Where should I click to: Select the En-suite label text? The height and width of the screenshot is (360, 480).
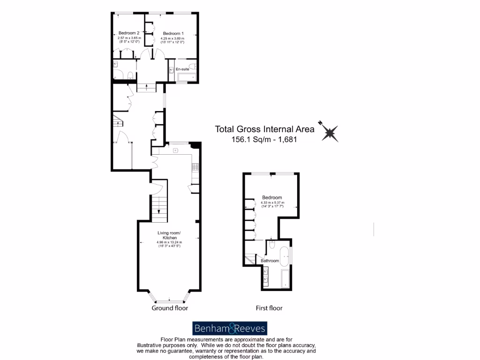coord(182,69)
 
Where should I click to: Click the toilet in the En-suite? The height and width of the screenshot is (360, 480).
coord(193,66)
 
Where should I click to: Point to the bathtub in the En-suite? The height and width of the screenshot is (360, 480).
coord(186,77)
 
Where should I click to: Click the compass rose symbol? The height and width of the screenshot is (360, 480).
coord(330,132)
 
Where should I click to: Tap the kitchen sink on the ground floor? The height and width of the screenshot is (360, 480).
coord(175,150)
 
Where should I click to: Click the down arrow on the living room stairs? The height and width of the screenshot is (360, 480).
coord(159,210)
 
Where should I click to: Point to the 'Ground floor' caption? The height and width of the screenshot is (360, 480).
coord(170,308)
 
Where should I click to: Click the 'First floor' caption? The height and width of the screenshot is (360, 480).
coord(269,308)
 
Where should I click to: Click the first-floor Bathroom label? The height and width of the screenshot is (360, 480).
coord(270,261)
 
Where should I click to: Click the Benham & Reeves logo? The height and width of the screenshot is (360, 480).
coord(230,328)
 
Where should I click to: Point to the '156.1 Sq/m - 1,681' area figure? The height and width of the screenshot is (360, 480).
coord(265,139)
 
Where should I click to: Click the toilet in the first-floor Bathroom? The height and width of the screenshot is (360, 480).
coord(272,245)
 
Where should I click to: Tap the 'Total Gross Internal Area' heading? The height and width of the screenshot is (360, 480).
coord(264,129)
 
